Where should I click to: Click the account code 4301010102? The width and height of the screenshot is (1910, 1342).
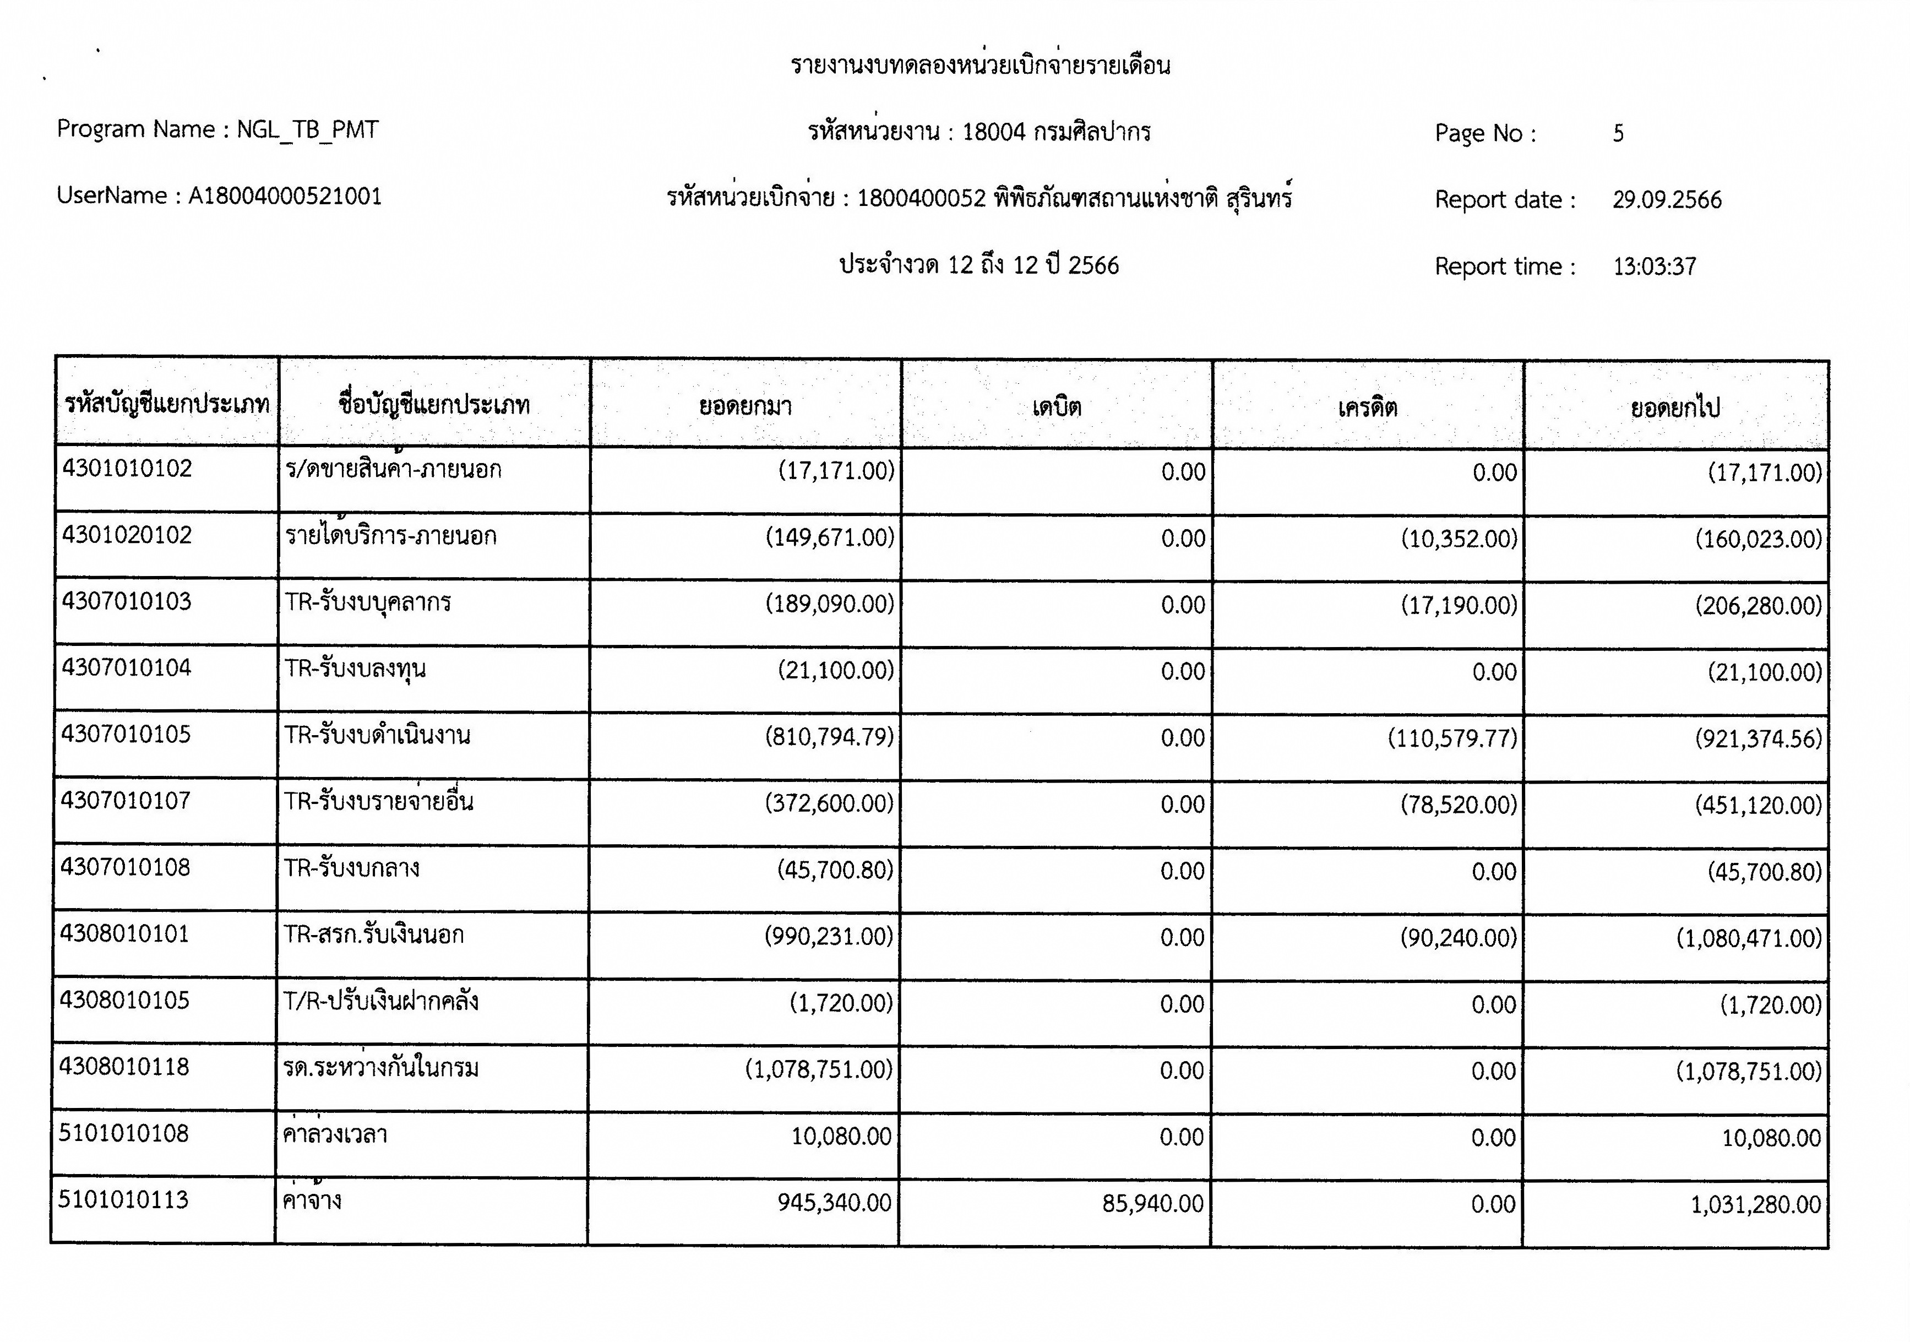(x=127, y=469)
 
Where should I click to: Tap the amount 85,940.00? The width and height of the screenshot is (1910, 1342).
(x=1152, y=1203)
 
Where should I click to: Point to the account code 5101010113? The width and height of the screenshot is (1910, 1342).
(x=124, y=1200)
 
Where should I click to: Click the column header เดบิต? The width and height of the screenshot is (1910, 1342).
(x=1057, y=407)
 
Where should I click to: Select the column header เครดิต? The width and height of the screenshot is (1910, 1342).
(x=1368, y=407)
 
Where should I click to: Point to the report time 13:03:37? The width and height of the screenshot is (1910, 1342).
(x=1655, y=266)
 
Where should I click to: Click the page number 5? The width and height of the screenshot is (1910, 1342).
(x=1618, y=133)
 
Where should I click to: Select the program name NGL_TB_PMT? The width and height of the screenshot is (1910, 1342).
(x=308, y=130)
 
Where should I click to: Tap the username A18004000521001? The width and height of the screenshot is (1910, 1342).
(x=285, y=197)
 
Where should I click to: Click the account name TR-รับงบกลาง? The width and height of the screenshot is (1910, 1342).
(x=352, y=868)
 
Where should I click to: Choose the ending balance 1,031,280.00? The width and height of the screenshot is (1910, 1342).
(x=1755, y=1204)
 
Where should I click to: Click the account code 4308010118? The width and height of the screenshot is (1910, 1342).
(x=125, y=1067)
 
